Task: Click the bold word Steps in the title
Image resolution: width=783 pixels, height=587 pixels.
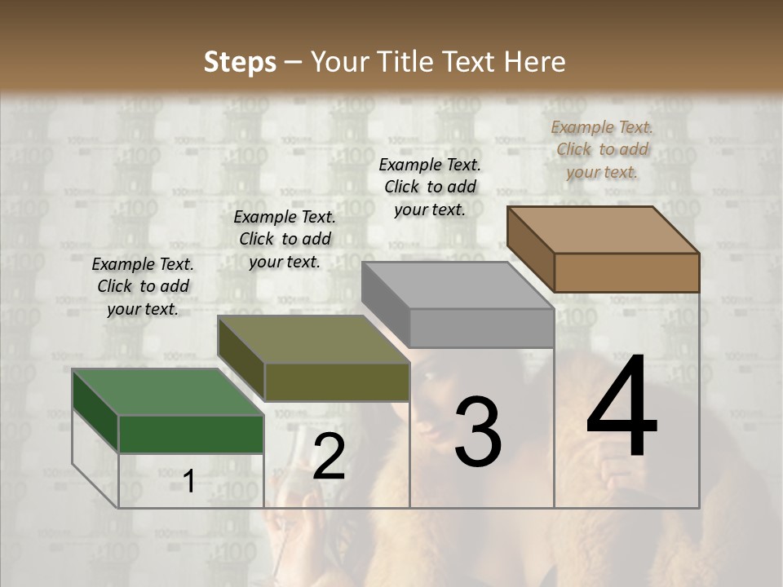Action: coord(240,62)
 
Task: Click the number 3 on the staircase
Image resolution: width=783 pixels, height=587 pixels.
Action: coord(477,432)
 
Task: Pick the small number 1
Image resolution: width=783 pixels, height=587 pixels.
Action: coord(188,482)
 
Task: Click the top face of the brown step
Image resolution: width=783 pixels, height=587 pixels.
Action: coord(602,229)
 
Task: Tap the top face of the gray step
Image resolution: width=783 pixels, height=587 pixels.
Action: coord(458,285)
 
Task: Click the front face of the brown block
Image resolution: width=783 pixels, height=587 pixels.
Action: coord(626,272)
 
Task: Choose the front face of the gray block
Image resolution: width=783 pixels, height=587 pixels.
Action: coord(481,328)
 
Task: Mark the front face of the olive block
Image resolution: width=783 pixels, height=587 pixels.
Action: coord(337,382)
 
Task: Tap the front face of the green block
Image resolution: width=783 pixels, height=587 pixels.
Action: coord(191,434)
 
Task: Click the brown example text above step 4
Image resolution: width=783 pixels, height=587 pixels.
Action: coord(602,149)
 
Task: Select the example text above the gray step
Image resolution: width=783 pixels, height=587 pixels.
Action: coord(430,187)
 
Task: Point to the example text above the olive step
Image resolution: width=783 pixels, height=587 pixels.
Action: coord(285,239)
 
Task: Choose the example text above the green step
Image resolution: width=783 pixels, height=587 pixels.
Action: coord(143,286)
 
